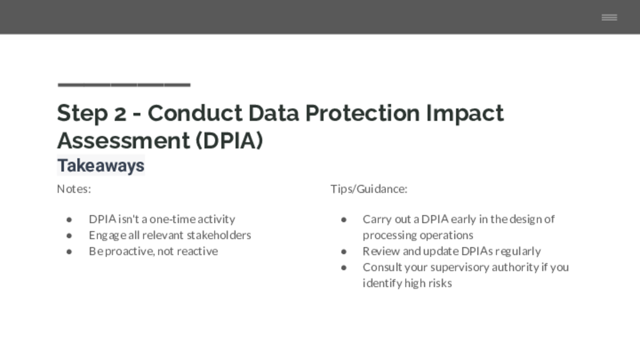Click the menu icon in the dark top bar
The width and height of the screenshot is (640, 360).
pos(609,17)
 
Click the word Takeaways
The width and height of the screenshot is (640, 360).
pos(101,165)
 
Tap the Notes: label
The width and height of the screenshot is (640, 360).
pos(74,189)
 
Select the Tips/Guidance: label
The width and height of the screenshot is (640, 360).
pos(369,189)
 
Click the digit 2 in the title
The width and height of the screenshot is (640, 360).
pos(120,113)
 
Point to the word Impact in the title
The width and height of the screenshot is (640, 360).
pos(465,114)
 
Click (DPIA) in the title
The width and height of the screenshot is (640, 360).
pos(229,140)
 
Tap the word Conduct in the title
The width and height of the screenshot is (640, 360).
pos(195,113)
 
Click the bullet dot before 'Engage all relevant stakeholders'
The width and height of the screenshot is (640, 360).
pos(69,236)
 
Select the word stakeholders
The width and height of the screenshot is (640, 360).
pos(219,235)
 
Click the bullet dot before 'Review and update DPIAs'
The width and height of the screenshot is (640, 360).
pos(344,252)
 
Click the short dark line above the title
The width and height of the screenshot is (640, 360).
pos(124,84)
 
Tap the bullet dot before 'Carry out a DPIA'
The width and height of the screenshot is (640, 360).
pos(344,220)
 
